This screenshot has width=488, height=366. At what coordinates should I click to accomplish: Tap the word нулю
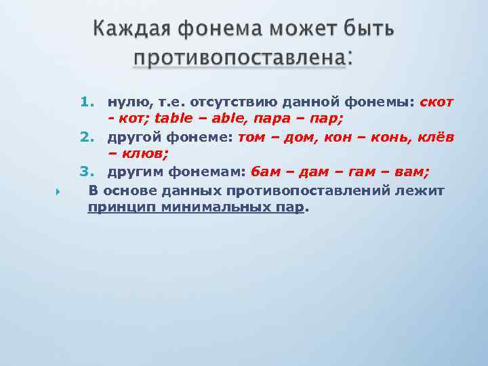click(x=125, y=102)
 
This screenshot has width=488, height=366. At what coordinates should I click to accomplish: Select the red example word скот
click(x=437, y=102)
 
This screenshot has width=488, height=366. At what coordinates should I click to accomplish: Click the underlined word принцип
click(x=122, y=208)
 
